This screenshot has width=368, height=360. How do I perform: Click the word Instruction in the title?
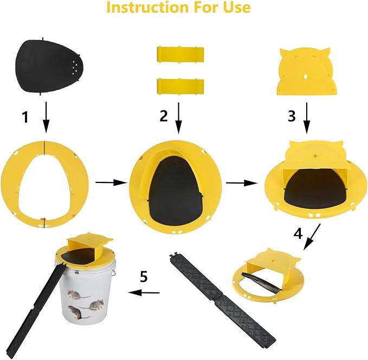click(147, 7)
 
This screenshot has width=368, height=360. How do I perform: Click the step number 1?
click(25, 117)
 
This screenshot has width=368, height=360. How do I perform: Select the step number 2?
click(164, 116)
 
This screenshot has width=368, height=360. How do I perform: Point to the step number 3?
click(292, 116)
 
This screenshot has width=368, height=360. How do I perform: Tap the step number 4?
click(298, 233)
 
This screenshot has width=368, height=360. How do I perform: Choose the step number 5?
click(144, 276)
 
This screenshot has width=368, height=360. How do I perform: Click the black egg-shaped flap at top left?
click(49, 67)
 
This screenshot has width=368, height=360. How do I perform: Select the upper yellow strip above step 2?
click(180, 55)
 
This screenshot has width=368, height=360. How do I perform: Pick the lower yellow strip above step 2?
click(180, 87)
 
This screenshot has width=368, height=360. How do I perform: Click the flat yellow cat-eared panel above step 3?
click(307, 71)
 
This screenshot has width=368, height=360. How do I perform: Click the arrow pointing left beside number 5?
click(144, 292)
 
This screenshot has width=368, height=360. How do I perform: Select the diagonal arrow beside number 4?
click(312, 237)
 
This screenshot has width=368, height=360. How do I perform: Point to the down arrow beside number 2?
click(179, 118)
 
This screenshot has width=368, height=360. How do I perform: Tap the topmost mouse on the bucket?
click(79, 295)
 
